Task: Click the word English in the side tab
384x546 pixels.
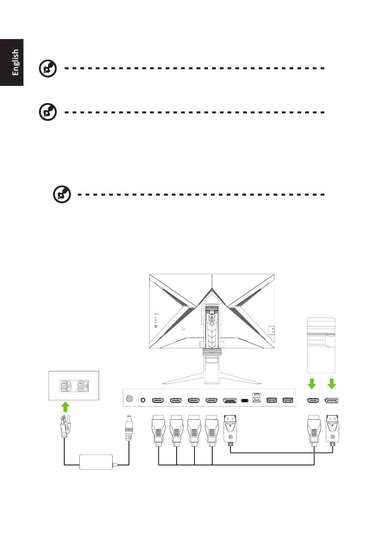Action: click(x=15, y=62)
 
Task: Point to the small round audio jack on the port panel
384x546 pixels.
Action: click(x=142, y=400)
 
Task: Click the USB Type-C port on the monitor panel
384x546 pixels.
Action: click(x=245, y=401)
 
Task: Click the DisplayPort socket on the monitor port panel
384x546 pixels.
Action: click(x=230, y=401)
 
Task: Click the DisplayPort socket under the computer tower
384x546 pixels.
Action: click(x=331, y=401)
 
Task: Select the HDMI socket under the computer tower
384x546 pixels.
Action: click(x=312, y=401)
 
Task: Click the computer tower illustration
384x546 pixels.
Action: click(x=321, y=345)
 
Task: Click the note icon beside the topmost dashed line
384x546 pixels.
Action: click(x=48, y=68)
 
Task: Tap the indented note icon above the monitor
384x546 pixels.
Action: click(x=62, y=195)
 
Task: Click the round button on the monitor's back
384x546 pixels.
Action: click(x=156, y=326)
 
